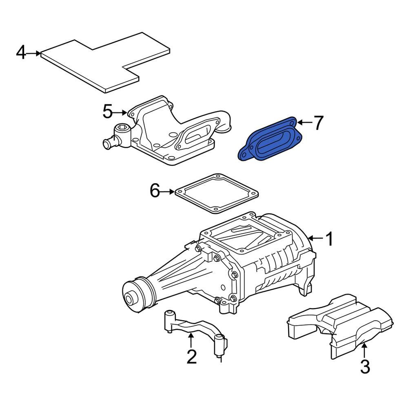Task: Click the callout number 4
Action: [x=21, y=53]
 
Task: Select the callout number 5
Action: [x=107, y=111]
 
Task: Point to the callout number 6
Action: [x=155, y=191]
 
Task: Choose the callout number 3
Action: [x=365, y=366]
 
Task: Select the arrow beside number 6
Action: [x=168, y=191]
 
